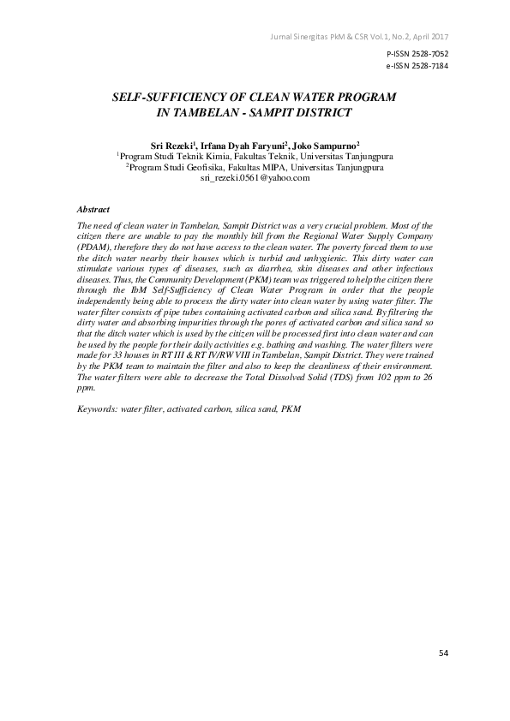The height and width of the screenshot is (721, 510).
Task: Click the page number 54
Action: tap(443, 652)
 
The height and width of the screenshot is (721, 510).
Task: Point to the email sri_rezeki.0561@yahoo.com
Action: tap(255, 178)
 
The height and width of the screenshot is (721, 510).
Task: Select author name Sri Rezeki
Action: tap(172, 146)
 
